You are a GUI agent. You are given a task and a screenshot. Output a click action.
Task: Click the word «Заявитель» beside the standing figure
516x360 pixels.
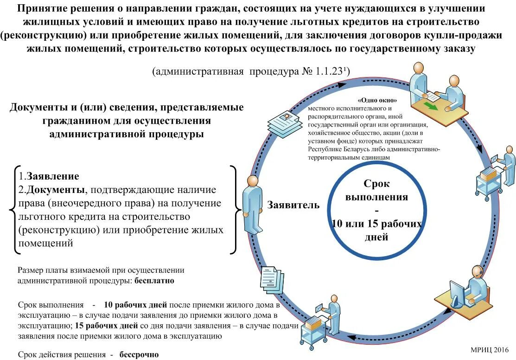coord(293,205)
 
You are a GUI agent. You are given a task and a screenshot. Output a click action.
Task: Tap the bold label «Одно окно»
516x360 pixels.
coord(377,100)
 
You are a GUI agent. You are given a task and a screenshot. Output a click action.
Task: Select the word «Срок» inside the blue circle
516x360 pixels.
coord(376,184)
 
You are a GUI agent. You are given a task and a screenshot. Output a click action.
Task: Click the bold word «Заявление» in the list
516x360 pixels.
coord(53,176)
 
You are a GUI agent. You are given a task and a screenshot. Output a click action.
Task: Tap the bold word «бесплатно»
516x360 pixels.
coord(154,281)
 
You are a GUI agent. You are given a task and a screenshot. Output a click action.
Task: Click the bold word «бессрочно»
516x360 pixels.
coord(139,354)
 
